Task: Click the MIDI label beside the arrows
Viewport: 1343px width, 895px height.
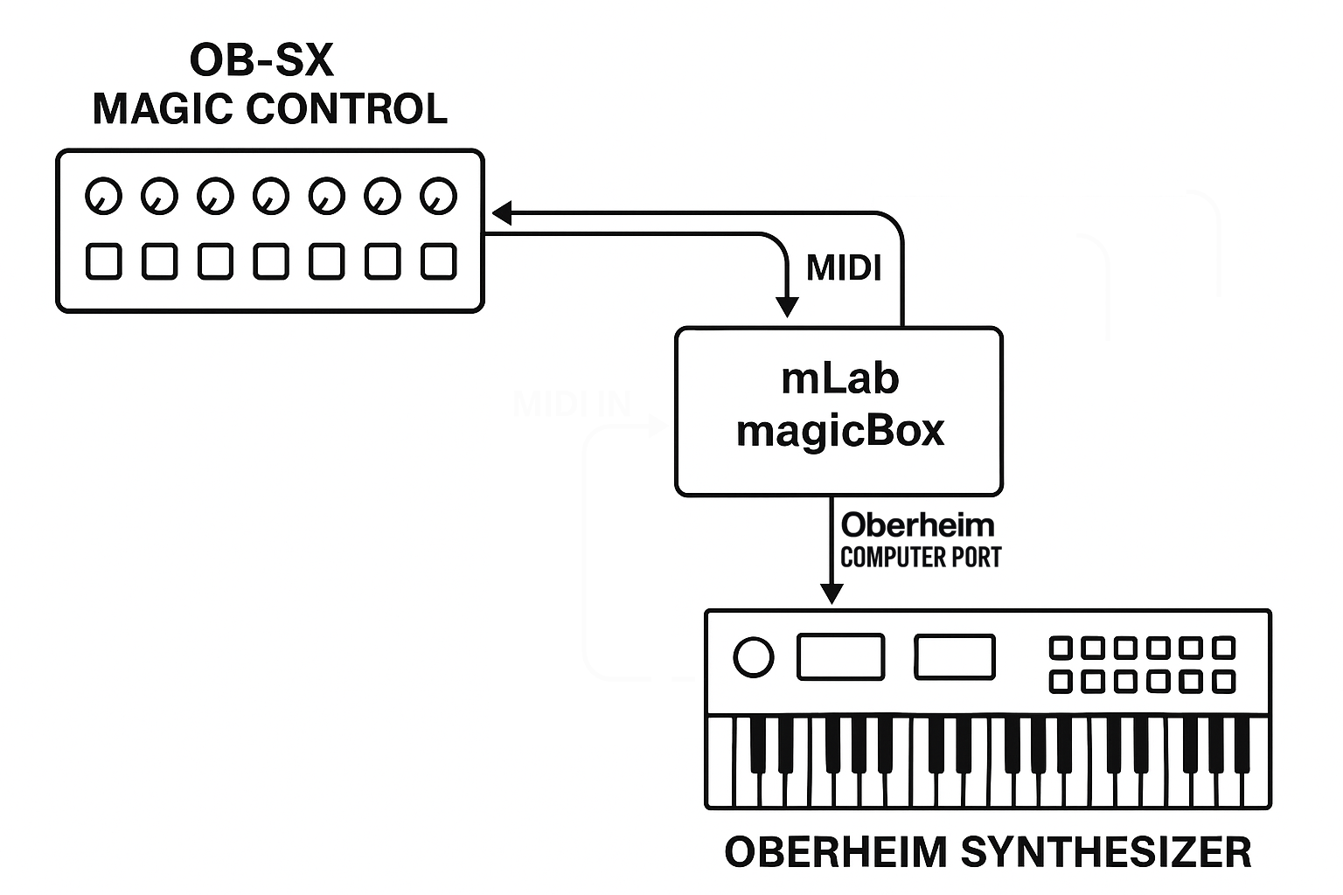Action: [x=844, y=268]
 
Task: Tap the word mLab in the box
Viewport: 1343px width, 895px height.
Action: [x=839, y=378]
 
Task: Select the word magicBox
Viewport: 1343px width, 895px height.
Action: [x=840, y=430]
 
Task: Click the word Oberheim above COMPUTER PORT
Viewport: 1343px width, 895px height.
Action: [x=917, y=525]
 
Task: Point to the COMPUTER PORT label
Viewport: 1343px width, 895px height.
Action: [x=921, y=557]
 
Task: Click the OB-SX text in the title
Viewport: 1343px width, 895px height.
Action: [x=261, y=61]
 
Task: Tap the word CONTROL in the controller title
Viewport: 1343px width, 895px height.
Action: [x=346, y=109]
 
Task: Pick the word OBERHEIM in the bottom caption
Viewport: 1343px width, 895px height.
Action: [x=835, y=852]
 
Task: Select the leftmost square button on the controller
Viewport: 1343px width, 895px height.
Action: [x=104, y=261]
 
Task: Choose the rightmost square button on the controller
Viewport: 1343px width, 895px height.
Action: [x=439, y=261]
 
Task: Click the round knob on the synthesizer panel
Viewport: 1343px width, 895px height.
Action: [x=753, y=657]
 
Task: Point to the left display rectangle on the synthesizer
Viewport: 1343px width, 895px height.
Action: [x=840, y=657]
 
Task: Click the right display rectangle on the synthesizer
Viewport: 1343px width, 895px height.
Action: [x=954, y=657]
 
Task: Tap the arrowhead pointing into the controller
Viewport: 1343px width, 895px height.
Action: [x=502, y=212]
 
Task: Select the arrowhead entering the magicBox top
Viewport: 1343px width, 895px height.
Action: [x=787, y=307]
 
